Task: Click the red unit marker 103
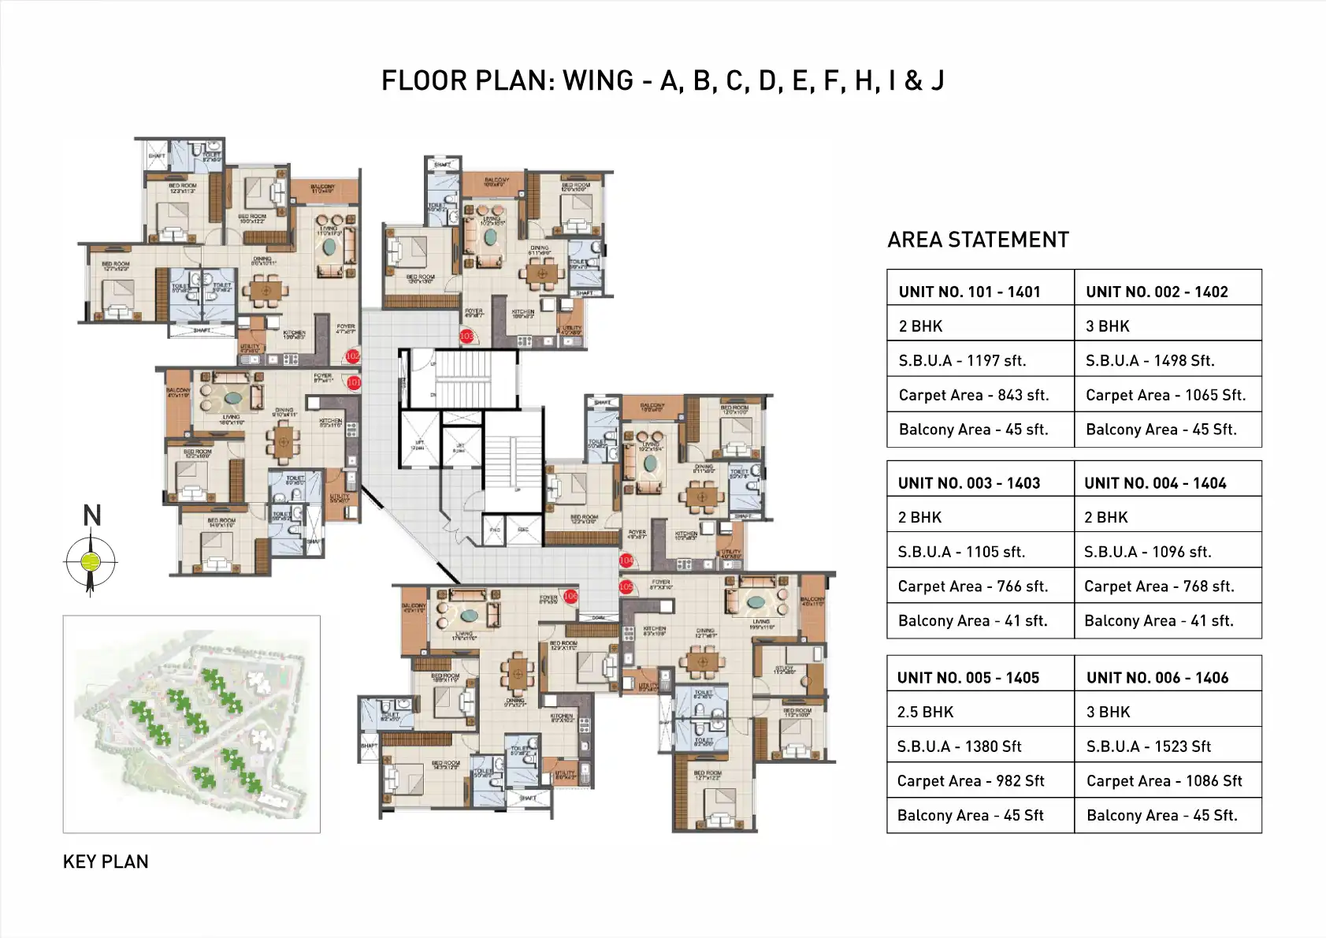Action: point(466,336)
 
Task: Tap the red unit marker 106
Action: point(570,597)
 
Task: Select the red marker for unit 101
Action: point(354,382)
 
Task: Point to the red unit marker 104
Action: point(626,560)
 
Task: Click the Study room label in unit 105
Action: point(784,669)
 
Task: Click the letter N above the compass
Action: point(92,516)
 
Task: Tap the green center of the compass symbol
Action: point(91,562)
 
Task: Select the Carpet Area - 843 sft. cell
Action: point(974,396)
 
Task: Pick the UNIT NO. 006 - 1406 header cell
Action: point(1157,678)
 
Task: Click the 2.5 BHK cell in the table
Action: point(925,713)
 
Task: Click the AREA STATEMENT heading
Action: point(978,240)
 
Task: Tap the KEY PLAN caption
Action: point(106,862)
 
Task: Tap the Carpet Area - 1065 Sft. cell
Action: point(1165,396)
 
